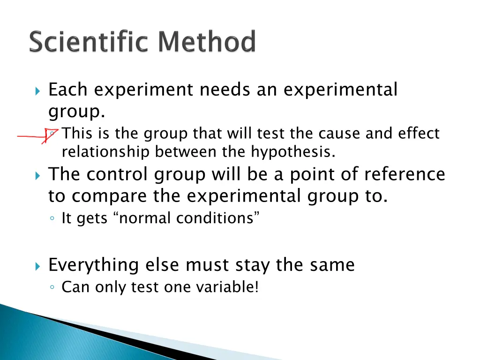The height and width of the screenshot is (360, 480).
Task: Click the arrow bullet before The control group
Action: pyautogui.click(x=38, y=175)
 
